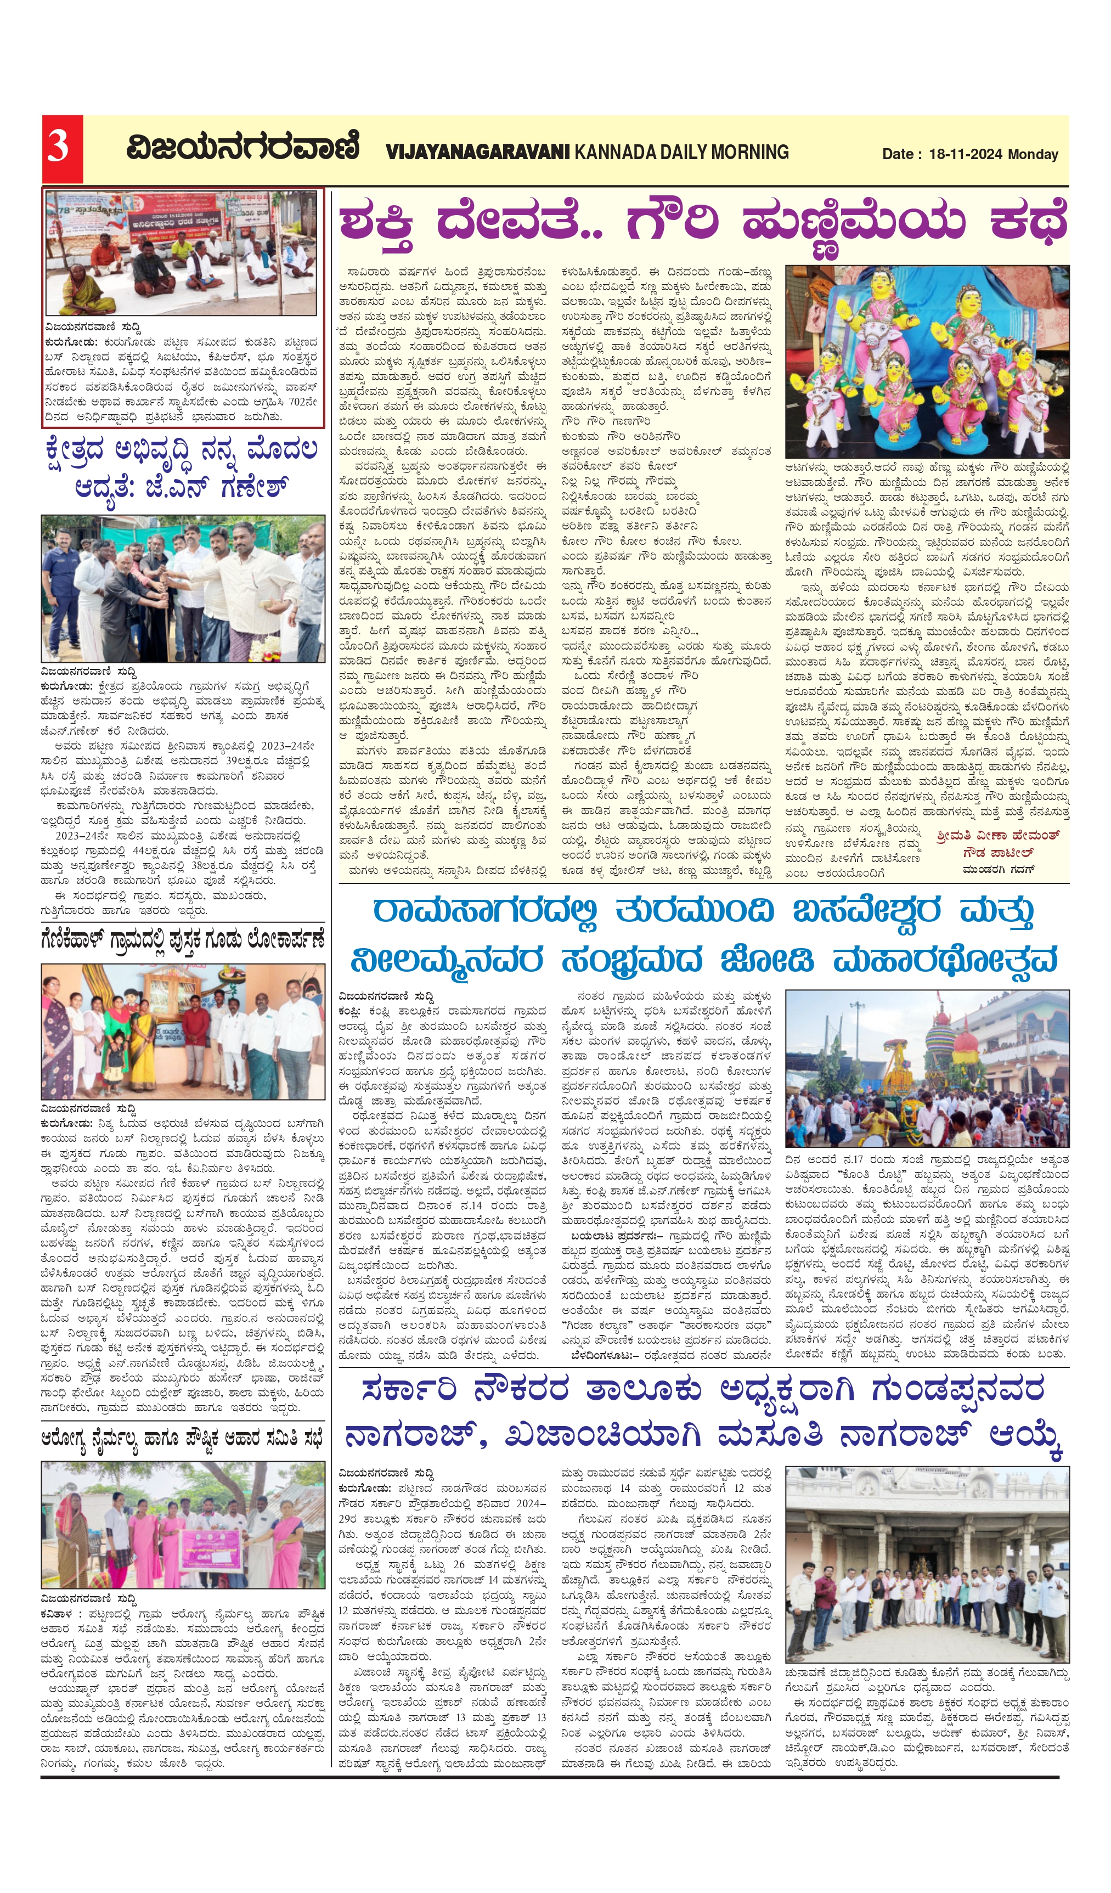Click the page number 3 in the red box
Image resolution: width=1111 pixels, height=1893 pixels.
click(60, 147)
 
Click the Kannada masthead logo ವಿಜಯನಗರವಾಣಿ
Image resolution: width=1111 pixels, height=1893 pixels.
click(242, 147)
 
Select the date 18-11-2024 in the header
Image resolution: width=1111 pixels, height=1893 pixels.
click(965, 154)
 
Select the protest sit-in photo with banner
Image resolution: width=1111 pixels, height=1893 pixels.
click(183, 252)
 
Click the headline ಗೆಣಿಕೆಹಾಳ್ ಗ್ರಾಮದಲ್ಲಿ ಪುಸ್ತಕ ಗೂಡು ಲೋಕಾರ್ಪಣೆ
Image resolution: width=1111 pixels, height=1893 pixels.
click(183, 940)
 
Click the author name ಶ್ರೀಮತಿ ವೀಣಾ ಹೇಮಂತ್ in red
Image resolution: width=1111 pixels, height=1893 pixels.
click(997, 835)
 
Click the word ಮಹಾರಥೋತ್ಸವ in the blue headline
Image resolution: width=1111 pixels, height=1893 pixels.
click(946, 960)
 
